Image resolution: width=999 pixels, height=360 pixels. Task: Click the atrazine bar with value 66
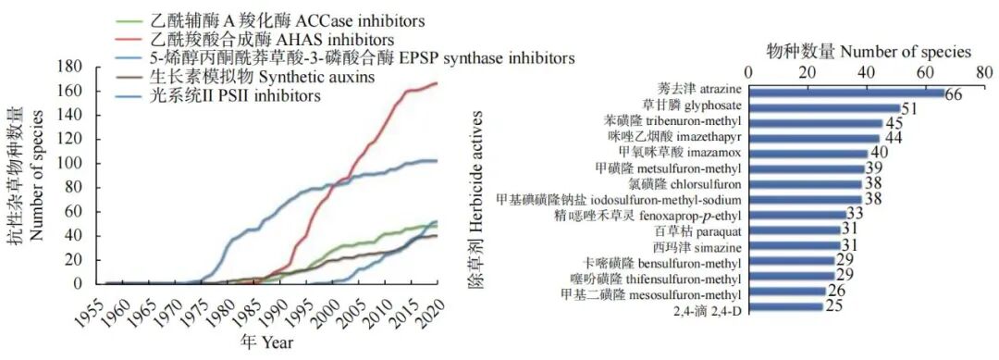tap(845, 93)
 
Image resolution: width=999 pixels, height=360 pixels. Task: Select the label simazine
tap(695, 245)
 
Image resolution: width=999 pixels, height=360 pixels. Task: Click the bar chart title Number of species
tap(869, 52)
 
